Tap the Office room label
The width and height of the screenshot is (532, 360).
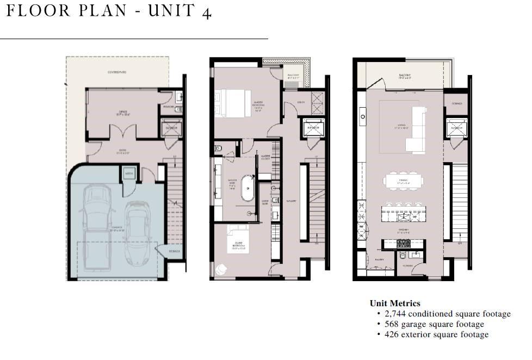pos(123,113)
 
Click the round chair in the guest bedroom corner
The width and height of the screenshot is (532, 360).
pos(221,269)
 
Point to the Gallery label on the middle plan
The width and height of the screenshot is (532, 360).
pos(291,201)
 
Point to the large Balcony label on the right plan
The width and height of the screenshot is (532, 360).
pos(404,76)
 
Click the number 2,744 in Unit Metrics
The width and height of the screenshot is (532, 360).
pos(395,314)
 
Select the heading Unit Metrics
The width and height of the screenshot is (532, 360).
pos(395,303)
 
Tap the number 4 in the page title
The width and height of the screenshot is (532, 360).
pos(206,14)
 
